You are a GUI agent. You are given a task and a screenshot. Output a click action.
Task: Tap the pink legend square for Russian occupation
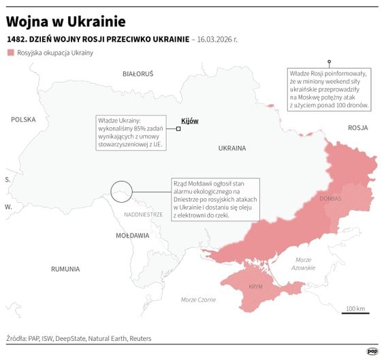pos(10,53)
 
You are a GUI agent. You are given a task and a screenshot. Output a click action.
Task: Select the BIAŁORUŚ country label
pos(138,73)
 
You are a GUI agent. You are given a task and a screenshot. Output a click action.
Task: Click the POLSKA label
pos(23,119)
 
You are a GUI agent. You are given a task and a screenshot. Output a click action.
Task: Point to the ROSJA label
pos(357,128)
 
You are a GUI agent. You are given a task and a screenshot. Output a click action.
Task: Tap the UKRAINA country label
pos(231,148)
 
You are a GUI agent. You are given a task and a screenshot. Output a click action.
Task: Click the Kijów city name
pos(190,121)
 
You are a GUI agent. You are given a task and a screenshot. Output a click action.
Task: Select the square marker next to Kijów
pos(178,128)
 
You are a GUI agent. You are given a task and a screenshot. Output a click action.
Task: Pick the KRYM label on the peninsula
pos(256,287)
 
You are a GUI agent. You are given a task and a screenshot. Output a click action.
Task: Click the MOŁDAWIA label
pos(132,235)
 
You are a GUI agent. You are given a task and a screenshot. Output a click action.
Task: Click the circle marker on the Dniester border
pos(121,191)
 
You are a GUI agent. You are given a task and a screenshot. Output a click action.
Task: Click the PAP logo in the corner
pos(372,350)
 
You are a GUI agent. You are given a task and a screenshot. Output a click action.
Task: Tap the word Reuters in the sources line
pos(138,338)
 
